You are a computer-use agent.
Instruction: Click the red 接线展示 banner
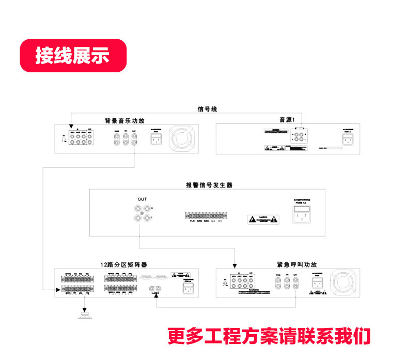click(x=72, y=55)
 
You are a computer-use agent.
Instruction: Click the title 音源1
click(x=287, y=120)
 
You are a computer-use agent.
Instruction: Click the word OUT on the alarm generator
click(x=143, y=199)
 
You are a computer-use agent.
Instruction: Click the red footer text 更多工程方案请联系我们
click(x=269, y=336)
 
